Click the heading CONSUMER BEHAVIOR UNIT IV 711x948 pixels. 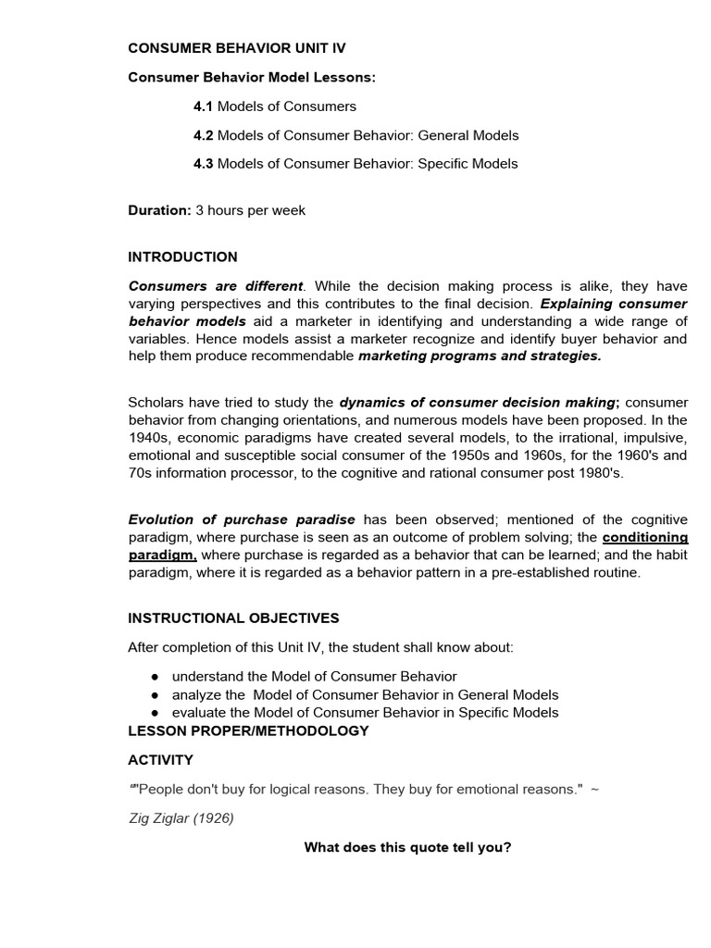coord(236,48)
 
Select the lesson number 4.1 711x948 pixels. coord(203,106)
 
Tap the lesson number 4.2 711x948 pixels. coord(203,135)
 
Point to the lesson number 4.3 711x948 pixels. coord(203,164)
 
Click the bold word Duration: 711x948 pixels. coord(159,210)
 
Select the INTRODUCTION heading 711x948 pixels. coord(182,256)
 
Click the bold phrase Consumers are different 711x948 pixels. coord(216,286)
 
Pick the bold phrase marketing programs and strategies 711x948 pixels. coord(480,355)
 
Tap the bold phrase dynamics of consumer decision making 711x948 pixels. coord(478,402)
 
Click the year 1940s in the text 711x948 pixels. coord(148,437)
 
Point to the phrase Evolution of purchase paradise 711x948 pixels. coord(242,519)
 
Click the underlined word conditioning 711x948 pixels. coord(644,537)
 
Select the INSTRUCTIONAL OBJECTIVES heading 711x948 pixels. coord(233,617)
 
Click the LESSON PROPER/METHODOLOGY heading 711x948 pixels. coord(248,730)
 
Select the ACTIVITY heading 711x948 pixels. coord(160,760)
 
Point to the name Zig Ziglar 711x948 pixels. coord(162,818)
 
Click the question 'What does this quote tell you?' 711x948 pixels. coord(407,847)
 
